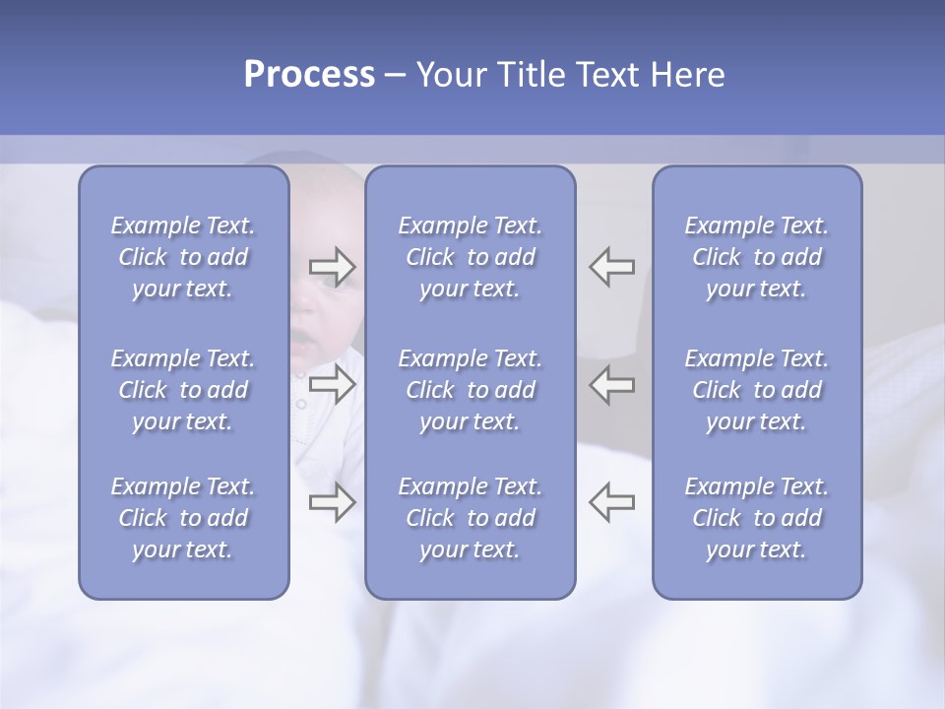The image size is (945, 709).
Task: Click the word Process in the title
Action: coord(309,75)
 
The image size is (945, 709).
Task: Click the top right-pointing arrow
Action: coord(332,266)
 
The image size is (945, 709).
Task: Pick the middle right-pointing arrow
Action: coord(332,384)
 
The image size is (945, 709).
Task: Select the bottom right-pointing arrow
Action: coord(332,502)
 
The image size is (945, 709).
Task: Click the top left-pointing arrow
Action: coord(611,266)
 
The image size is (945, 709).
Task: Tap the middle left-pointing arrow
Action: coord(611,384)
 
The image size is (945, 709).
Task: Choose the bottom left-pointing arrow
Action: coord(611,502)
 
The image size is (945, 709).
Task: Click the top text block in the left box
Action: coord(183,257)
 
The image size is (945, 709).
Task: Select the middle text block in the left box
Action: coord(183,390)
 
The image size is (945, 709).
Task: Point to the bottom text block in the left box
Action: coord(183,518)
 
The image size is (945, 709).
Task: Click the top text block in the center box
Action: coord(471,257)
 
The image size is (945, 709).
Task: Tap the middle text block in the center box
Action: coord(471,390)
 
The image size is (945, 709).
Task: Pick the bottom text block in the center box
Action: coord(471,518)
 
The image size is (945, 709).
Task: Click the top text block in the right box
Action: coord(757,257)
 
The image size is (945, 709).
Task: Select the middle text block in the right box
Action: coord(757,390)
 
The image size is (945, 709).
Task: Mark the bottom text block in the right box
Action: coord(757,518)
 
